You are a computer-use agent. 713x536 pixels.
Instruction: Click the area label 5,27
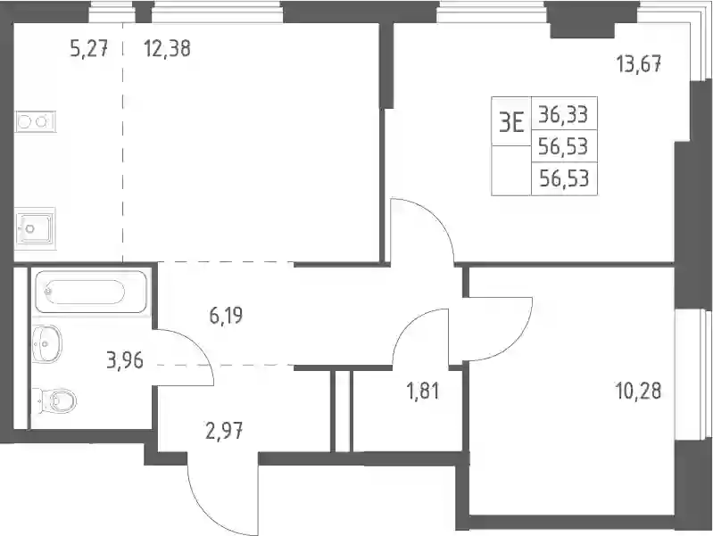89,48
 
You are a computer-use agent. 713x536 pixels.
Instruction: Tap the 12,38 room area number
167,48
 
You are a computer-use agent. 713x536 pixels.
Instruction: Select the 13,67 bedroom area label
638,64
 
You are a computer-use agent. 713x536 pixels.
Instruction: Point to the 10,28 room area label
638,391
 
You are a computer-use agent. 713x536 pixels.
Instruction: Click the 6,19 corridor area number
226,315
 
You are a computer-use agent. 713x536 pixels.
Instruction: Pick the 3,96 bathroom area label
125,361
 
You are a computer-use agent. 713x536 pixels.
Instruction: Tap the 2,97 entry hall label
224,431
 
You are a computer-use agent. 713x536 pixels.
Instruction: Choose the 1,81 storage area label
423,391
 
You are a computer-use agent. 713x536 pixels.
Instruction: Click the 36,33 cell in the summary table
564,114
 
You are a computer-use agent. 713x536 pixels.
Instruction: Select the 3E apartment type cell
511,122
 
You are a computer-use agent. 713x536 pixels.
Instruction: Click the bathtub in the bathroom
92,292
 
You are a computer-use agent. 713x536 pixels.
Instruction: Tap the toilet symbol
56,401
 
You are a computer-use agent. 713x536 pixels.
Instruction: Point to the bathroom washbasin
46,343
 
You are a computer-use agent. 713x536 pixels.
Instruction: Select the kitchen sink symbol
35,227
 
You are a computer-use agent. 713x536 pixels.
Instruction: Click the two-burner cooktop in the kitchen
36,121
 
